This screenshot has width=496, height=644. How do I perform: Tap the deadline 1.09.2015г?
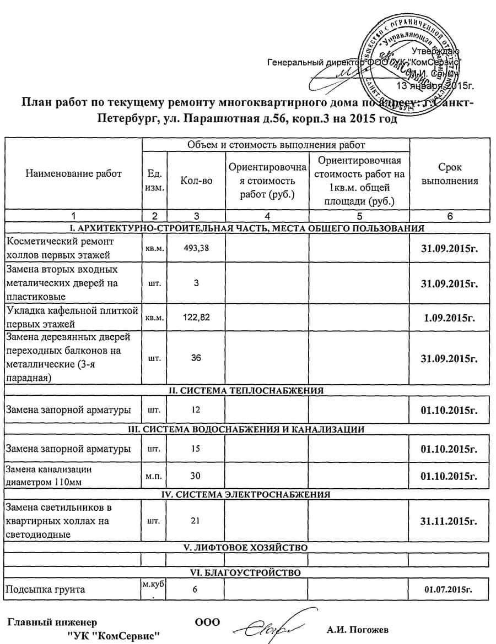(450, 317)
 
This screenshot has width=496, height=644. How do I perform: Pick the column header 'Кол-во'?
(196, 181)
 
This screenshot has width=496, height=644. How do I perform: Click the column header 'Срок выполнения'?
(450, 174)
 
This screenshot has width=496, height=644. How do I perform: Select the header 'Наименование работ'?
(73, 174)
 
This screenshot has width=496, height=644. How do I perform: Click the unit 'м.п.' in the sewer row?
(154, 475)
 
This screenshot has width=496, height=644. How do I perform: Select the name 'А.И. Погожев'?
(357, 630)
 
